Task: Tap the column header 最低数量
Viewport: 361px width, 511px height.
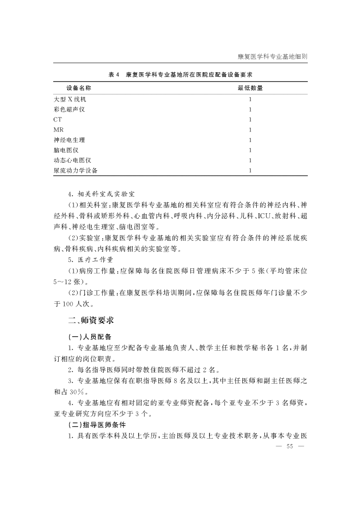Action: tap(250, 88)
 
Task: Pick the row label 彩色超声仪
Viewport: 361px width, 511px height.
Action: tap(69, 109)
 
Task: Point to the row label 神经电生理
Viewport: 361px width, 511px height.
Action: tap(69, 140)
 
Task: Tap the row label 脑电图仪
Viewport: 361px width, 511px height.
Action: tap(66, 150)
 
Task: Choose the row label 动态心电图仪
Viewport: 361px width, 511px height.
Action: tap(72, 160)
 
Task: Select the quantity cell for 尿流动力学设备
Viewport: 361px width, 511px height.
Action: tap(250, 170)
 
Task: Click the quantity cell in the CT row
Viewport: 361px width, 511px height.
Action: tap(250, 120)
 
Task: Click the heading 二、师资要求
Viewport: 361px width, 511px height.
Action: tap(90, 321)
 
